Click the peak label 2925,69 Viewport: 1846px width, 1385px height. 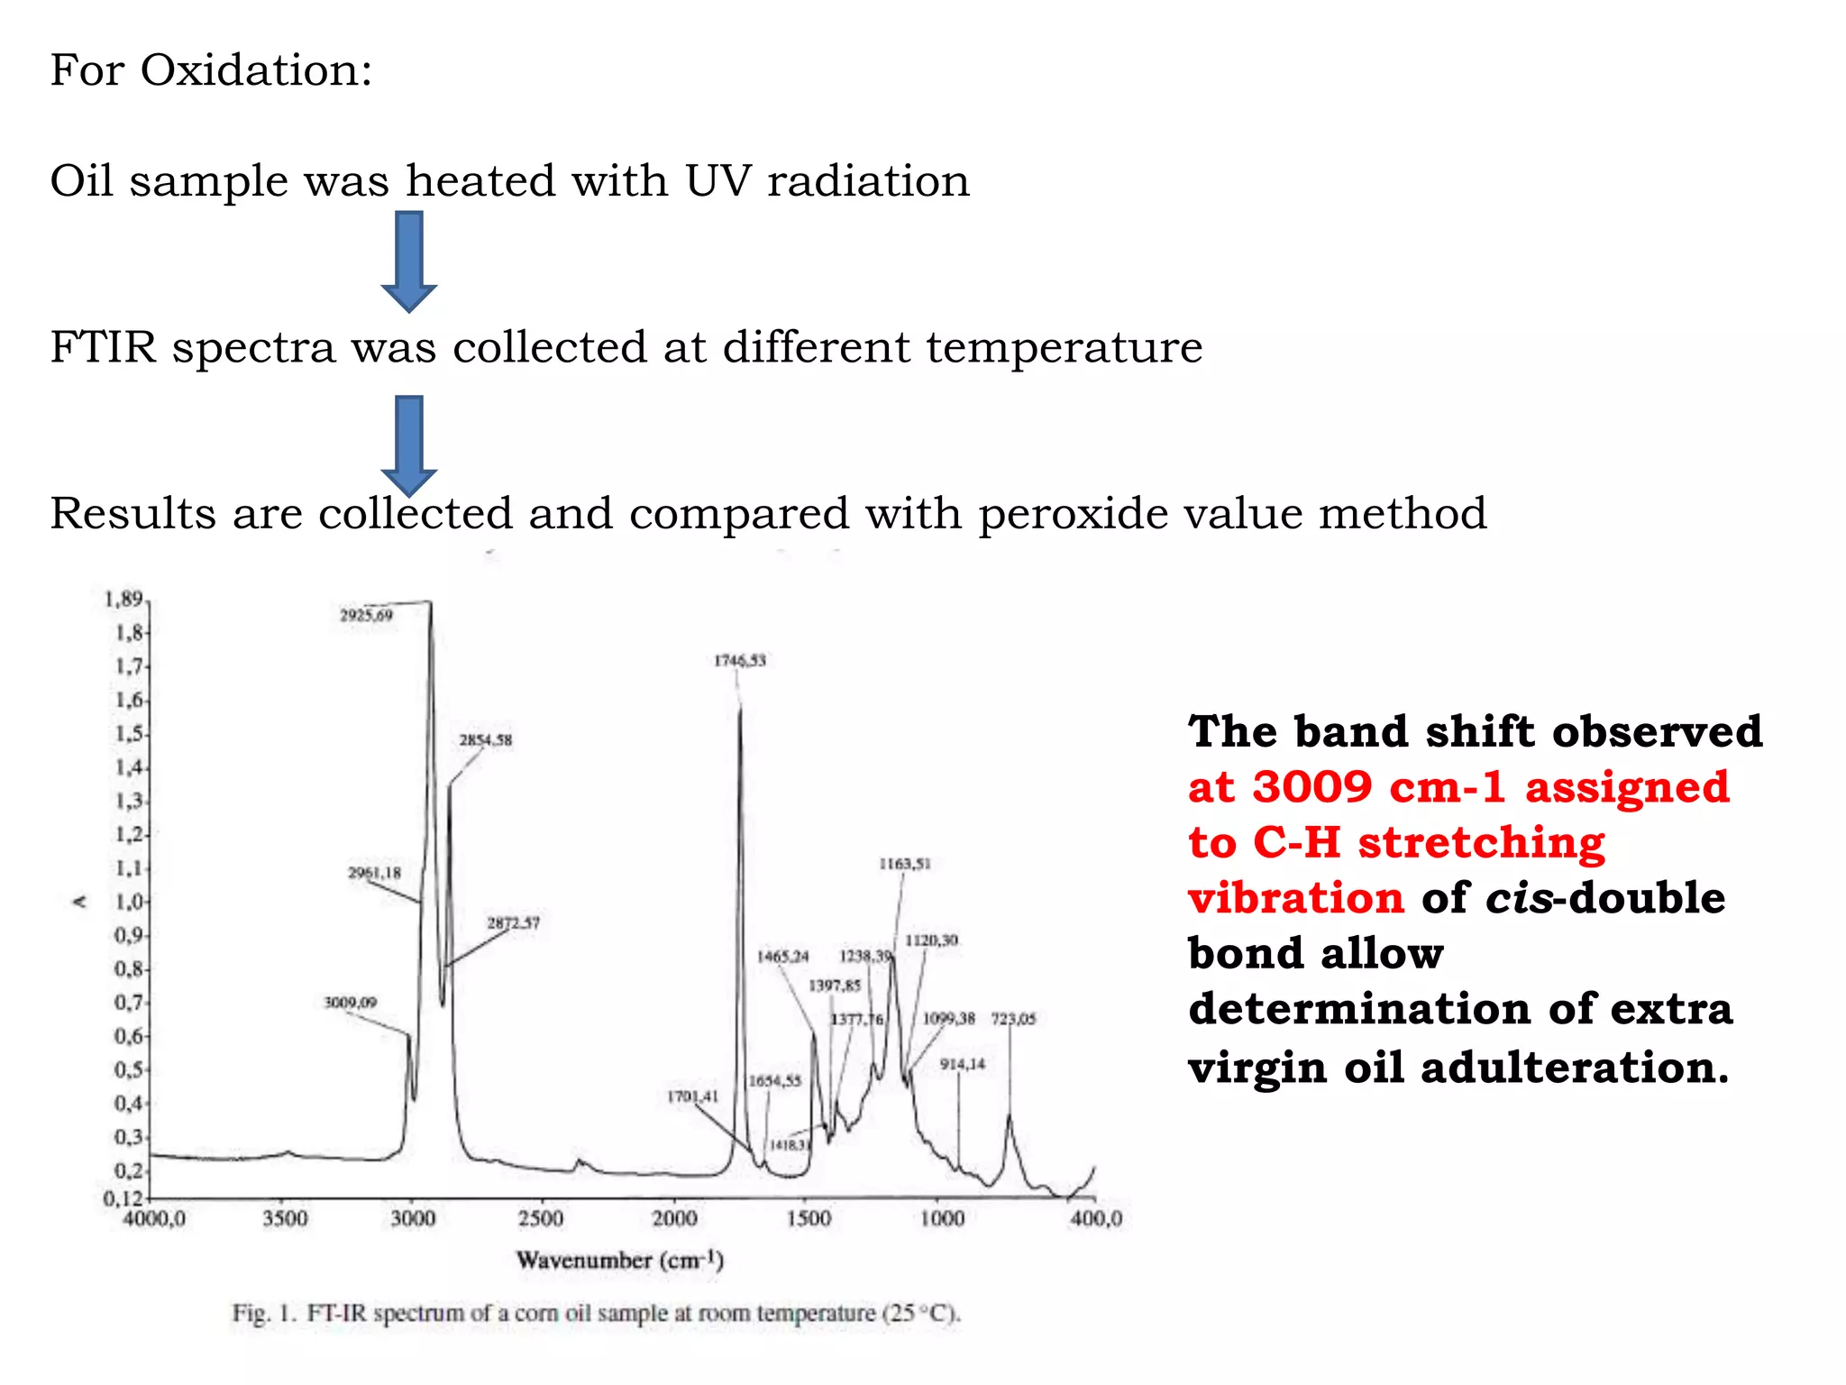pos(366,616)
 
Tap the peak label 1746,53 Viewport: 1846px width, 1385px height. pos(740,661)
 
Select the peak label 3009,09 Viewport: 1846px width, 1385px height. pos(351,1003)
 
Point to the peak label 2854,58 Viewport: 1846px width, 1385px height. pos(485,740)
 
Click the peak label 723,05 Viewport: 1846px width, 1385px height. pos(1014,1019)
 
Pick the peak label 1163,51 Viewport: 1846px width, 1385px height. pos(905,864)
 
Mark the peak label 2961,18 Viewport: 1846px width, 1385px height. pos(374,873)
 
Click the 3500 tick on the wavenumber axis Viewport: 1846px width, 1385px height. pos(285,1219)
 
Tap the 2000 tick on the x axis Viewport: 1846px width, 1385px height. pos(674,1219)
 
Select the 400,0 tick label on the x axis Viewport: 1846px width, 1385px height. pos(1096,1219)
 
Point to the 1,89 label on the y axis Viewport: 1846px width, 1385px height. pos(123,600)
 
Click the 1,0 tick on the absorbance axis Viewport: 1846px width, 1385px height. pos(130,902)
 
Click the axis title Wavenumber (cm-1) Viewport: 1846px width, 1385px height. pos(620,1260)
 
